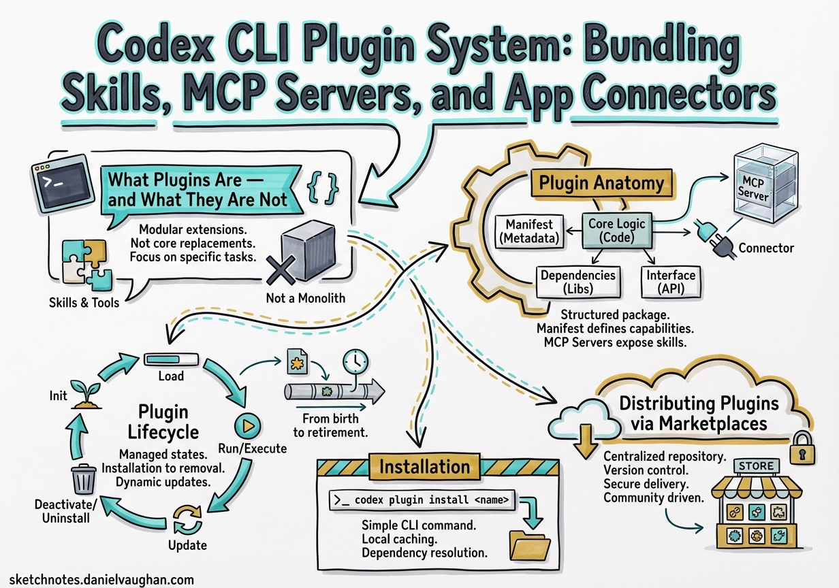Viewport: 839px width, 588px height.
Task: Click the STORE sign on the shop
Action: (756, 466)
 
